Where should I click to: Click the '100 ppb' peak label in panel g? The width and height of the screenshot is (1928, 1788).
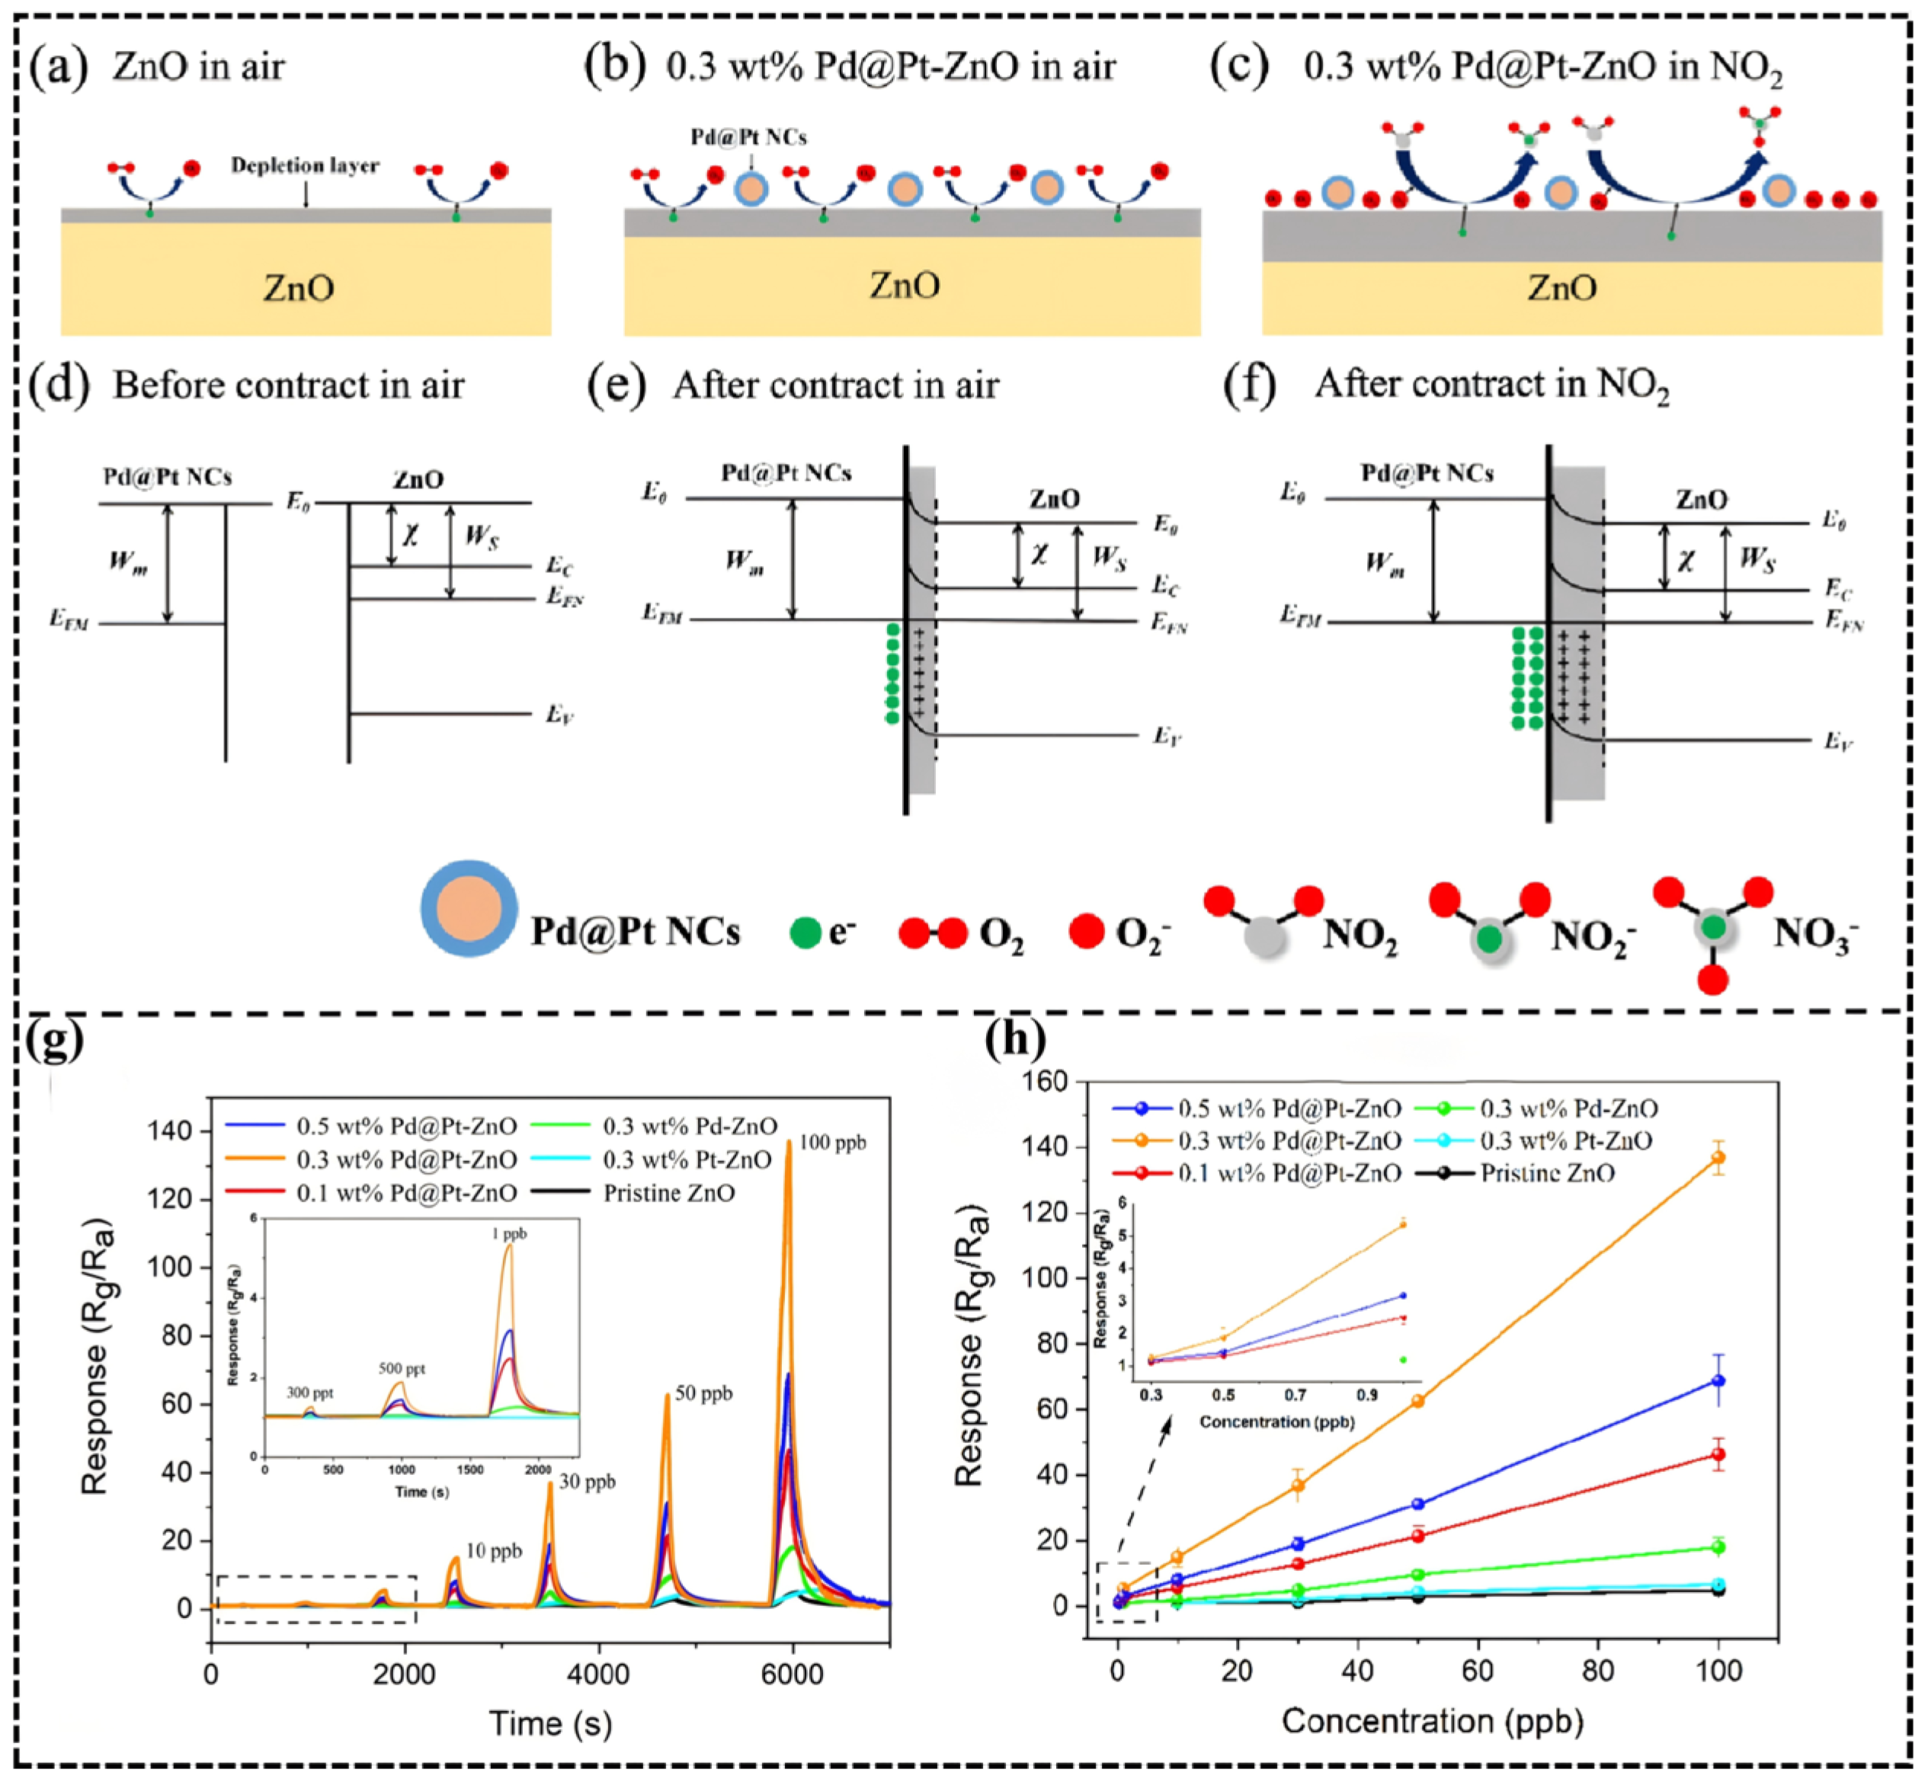[831, 1143]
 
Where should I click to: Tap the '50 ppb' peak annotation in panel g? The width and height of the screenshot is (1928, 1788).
[703, 1393]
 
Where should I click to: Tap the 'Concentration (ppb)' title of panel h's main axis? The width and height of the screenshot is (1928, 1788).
[1433, 1720]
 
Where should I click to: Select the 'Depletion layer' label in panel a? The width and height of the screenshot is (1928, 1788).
[305, 165]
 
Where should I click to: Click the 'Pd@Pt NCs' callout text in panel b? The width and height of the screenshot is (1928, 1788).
[748, 137]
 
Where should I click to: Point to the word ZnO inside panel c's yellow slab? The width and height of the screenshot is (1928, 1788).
[1561, 287]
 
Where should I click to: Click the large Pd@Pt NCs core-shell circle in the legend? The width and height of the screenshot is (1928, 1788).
[469, 909]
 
